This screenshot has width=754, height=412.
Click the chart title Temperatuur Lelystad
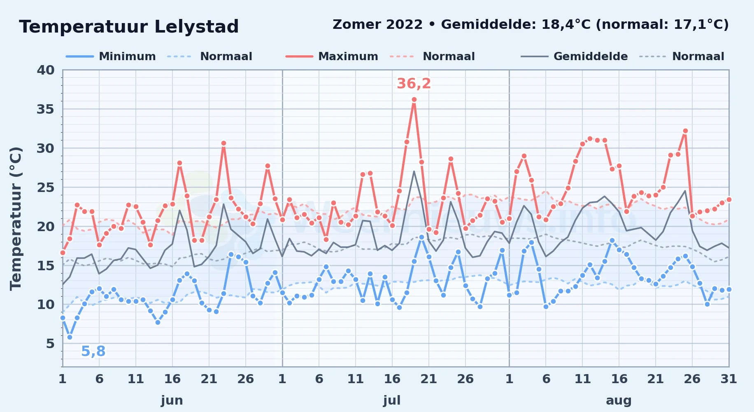pos(129,27)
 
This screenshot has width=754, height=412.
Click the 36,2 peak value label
pos(414,84)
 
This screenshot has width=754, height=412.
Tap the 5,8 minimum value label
pos(93,351)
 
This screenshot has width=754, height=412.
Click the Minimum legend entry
pos(111,56)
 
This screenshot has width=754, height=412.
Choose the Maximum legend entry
pos(332,56)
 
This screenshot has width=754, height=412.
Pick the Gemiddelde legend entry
pos(574,56)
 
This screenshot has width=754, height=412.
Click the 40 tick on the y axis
pos(46,70)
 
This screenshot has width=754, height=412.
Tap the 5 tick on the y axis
pos(50,343)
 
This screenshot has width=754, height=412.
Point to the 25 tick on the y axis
pos(46,187)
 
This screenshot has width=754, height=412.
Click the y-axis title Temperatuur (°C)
pos(16,218)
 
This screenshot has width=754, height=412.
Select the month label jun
pos(172,400)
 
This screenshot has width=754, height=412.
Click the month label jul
pos(392,400)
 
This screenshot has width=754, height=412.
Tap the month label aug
pos(619,400)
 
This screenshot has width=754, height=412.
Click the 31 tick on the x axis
pos(728,379)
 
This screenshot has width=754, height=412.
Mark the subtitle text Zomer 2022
pos(377,25)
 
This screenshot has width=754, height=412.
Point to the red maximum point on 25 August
pos(685,131)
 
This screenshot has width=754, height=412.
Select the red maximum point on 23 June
pos(223,143)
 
